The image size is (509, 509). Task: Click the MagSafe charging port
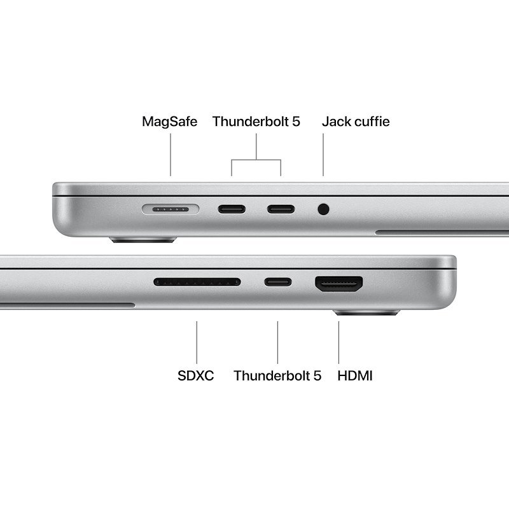pyautogui.click(x=171, y=209)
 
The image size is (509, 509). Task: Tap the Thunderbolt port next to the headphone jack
pyautogui.click(x=280, y=209)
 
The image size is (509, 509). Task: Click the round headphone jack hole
pyautogui.click(x=324, y=209)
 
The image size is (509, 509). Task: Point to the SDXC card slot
pyautogui.click(x=197, y=282)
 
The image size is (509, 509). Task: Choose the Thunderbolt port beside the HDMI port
pyautogui.click(x=278, y=282)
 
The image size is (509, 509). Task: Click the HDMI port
pyautogui.click(x=338, y=283)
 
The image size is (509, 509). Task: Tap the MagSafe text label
pyautogui.click(x=169, y=121)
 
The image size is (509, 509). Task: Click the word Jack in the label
pyautogui.click(x=336, y=121)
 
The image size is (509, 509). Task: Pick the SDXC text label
pyautogui.click(x=196, y=375)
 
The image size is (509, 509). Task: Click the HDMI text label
pyautogui.click(x=355, y=375)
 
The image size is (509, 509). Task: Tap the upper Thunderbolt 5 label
pyautogui.click(x=256, y=121)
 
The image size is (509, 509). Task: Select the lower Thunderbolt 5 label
pyautogui.click(x=277, y=375)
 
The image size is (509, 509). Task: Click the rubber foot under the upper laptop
pyautogui.click(x=143, y=240)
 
